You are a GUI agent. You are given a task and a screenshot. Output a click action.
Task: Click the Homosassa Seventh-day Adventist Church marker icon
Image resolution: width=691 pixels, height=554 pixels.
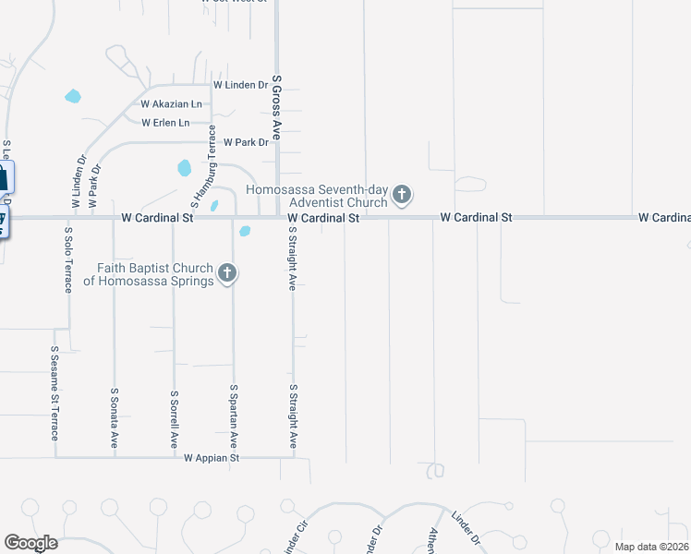pos(402,195)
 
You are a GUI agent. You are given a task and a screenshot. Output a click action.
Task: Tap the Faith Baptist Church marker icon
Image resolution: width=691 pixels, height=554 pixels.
pos(228,272)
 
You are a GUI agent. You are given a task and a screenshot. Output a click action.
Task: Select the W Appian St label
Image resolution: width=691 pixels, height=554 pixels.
pos(212,458)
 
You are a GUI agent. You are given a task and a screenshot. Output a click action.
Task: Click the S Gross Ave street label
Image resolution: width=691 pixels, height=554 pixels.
pos(275,108)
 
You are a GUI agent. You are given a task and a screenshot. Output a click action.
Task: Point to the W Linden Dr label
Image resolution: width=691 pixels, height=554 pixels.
pos(240,85)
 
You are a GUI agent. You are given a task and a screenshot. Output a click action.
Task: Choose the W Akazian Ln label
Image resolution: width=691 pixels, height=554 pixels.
pos(171,104)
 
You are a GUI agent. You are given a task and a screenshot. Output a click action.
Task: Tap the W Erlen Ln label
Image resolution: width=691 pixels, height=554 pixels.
pos(165,123)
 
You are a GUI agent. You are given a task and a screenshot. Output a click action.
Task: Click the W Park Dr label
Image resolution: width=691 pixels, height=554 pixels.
pos(246,142)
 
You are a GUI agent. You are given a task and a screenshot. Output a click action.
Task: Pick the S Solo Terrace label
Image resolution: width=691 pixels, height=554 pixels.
pos(68,259)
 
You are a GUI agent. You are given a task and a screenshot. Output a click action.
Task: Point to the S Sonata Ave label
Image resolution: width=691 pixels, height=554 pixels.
pos(115,416)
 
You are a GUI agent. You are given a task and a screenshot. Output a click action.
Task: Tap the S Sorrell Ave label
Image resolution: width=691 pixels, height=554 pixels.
pos(174,419)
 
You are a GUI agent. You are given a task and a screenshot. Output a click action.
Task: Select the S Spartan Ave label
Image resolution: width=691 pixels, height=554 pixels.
pos(234,415)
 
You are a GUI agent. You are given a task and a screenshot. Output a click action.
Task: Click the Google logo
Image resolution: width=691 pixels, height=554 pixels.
pos(30,543)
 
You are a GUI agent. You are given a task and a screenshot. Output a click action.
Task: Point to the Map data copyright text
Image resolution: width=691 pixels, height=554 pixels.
pos(650,547)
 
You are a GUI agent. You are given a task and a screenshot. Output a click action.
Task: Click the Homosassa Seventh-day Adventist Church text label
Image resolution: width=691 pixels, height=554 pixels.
pos(316,195)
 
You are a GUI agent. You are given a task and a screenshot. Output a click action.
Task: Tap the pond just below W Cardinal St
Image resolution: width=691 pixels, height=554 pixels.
pos(245,231)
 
